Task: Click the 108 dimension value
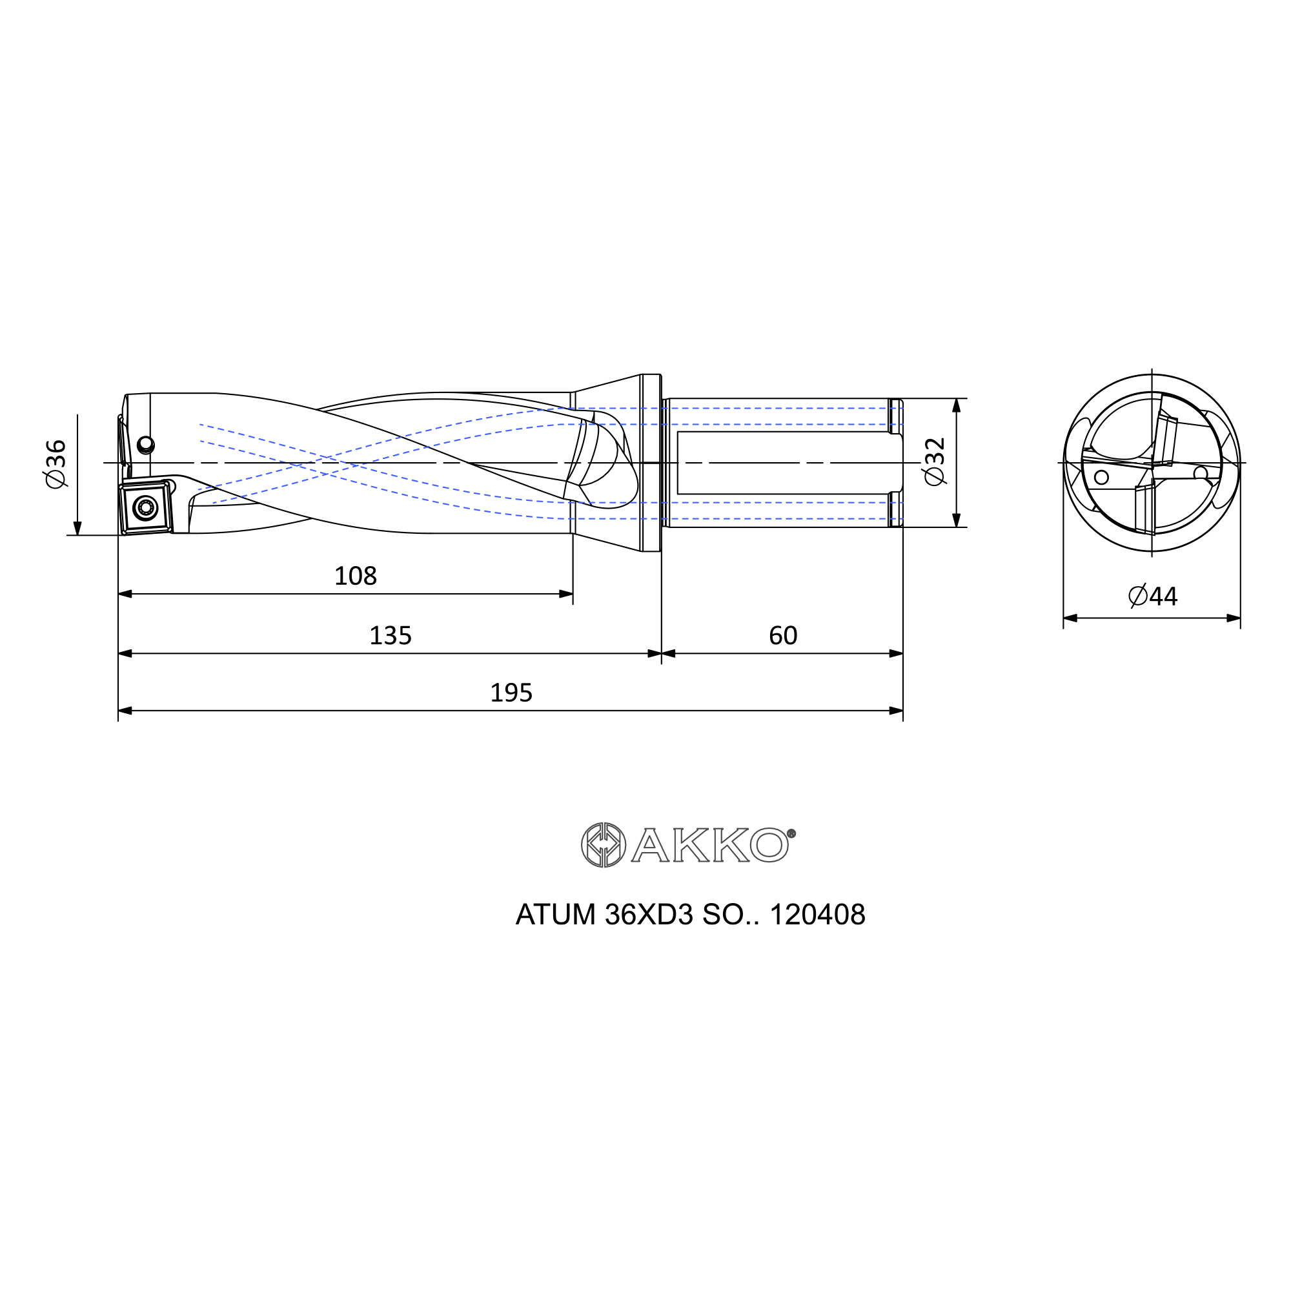click(x=356, y=576)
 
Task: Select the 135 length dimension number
click(x=391, y=635)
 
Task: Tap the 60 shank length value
click(x=783, y=635)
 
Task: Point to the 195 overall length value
click(x=511, y=693)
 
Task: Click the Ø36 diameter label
click(x=56, y=463)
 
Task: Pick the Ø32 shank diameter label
click(x=935, y=462)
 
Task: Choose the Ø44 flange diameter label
click(x=1153, y=595)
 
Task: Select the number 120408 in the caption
click(x=817, y=915)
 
